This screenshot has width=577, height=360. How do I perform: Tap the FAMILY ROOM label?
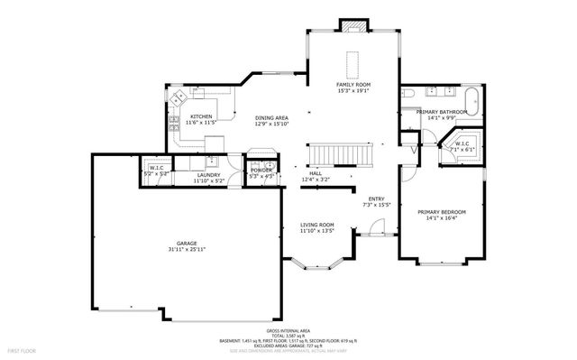pyautogui.click(x=353, y=84)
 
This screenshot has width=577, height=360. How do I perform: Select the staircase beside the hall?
pyautogui.click(x=341, y=154)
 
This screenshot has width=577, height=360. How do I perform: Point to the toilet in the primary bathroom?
pyautogui.click(x=408, y=93)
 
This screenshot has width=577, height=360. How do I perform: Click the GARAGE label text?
pyautogui.click(x=187, y=243)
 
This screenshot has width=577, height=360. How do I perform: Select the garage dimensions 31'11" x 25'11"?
pyautogui.click(x=187, y=249)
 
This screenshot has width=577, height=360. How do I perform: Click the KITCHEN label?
pyautogui.click(x=200, y=116)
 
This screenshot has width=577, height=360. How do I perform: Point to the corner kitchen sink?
pyautogui.click(x=179, y=94)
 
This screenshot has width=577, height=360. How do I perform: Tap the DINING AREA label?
pyautogui.click(x=271, y=118)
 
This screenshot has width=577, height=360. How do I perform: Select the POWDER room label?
pyautogui.click(x=261, y=170)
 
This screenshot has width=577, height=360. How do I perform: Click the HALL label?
pyautogui.click(x=316, y=173)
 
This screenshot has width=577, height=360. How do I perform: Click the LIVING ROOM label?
pyautogui.click(x=317, y=225)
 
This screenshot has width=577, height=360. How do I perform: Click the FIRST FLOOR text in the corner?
pyautogui.click(x=21, y=349)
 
